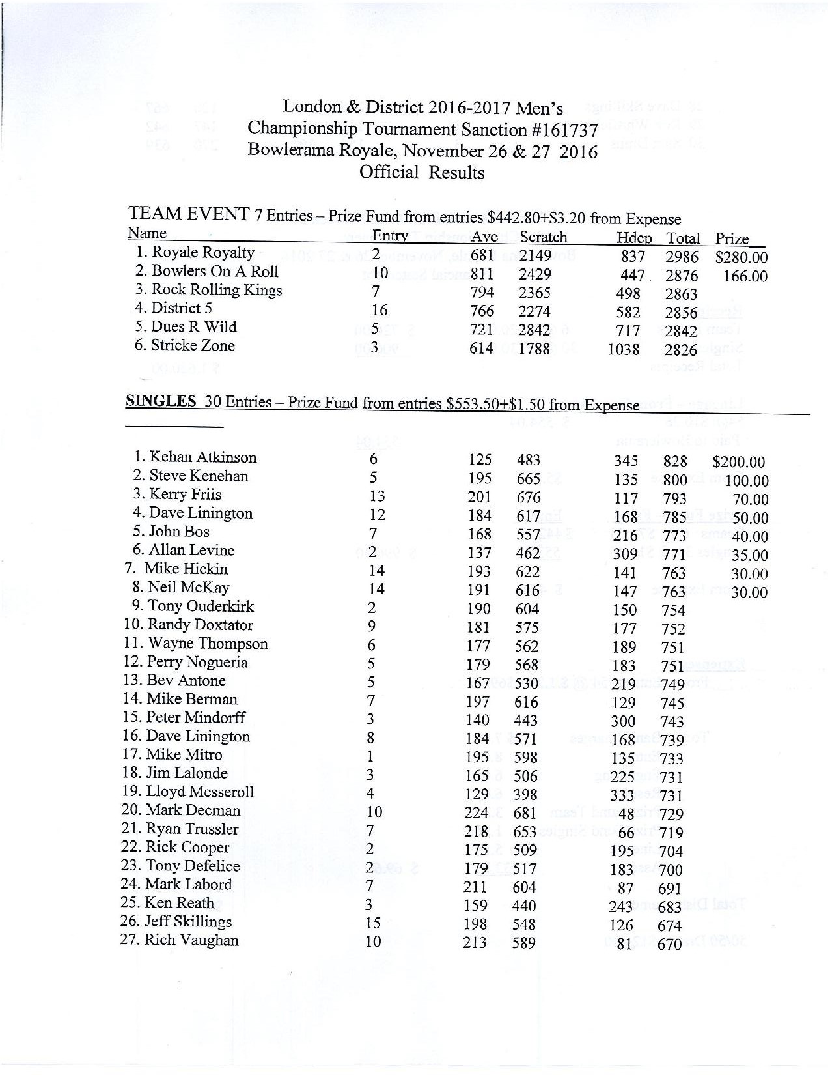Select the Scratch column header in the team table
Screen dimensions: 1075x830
tap(543, 238)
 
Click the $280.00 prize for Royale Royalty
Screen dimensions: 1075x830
tap(741, 257)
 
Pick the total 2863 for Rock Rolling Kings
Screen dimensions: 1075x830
tap(681, 294)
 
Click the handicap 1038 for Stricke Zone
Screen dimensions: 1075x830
tap(623, 350)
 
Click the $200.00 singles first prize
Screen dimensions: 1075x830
tap(738, 463)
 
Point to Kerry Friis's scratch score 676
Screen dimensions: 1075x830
tap(528, 498)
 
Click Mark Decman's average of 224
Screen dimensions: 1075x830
tap(476, 813)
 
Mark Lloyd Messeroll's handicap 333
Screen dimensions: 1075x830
tap(624, 795)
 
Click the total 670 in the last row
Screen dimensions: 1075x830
tap(669, 944)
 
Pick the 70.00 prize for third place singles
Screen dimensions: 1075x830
tap(750, 500)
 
